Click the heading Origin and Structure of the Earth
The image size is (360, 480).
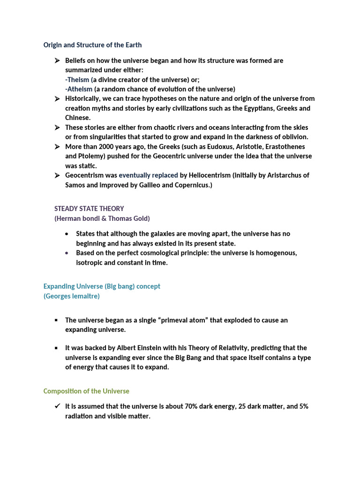point(92,45)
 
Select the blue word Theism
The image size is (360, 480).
point(78,80)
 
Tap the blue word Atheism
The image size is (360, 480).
point(79,89)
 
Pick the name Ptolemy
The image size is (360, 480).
point(93,156)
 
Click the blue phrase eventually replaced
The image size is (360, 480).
point(148,175)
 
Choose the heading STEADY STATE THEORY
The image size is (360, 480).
point(89,209)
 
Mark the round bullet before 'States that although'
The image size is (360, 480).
point(67,233)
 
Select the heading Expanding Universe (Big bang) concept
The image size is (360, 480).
point(102,286)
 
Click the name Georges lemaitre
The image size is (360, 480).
point(71,296)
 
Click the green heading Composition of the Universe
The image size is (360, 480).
point(86,391)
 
